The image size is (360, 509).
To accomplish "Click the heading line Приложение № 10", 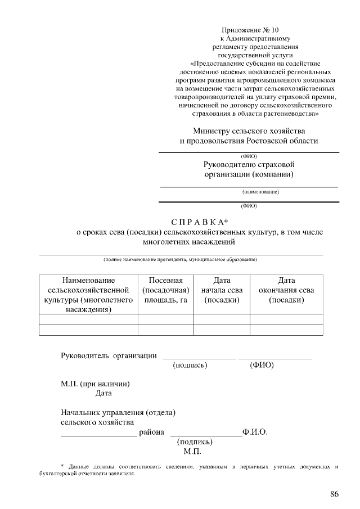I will (x=250, y=30).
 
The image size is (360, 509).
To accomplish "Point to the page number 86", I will (x=334, y=494).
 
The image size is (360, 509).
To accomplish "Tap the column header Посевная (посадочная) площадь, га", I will (x=165, y=290).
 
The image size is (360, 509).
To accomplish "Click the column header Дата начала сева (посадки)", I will (x=222, y=290).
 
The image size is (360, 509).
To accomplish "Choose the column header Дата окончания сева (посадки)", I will (x=286, y=290).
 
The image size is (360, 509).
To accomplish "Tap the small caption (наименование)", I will (x=256, y=192).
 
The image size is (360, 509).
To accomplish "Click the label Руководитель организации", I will (x=109, y=355).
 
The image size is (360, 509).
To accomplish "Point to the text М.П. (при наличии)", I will (x=96, y=384).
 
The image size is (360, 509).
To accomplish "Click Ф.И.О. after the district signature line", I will (x=255, y=432).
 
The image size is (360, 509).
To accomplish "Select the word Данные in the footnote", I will (x=80, y=466).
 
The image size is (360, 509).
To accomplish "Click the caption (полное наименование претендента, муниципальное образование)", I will (x=181, y=259).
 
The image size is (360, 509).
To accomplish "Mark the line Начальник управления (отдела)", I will (x=118, y=412).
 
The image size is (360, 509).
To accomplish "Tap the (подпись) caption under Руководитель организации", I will (x=190, y=365).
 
